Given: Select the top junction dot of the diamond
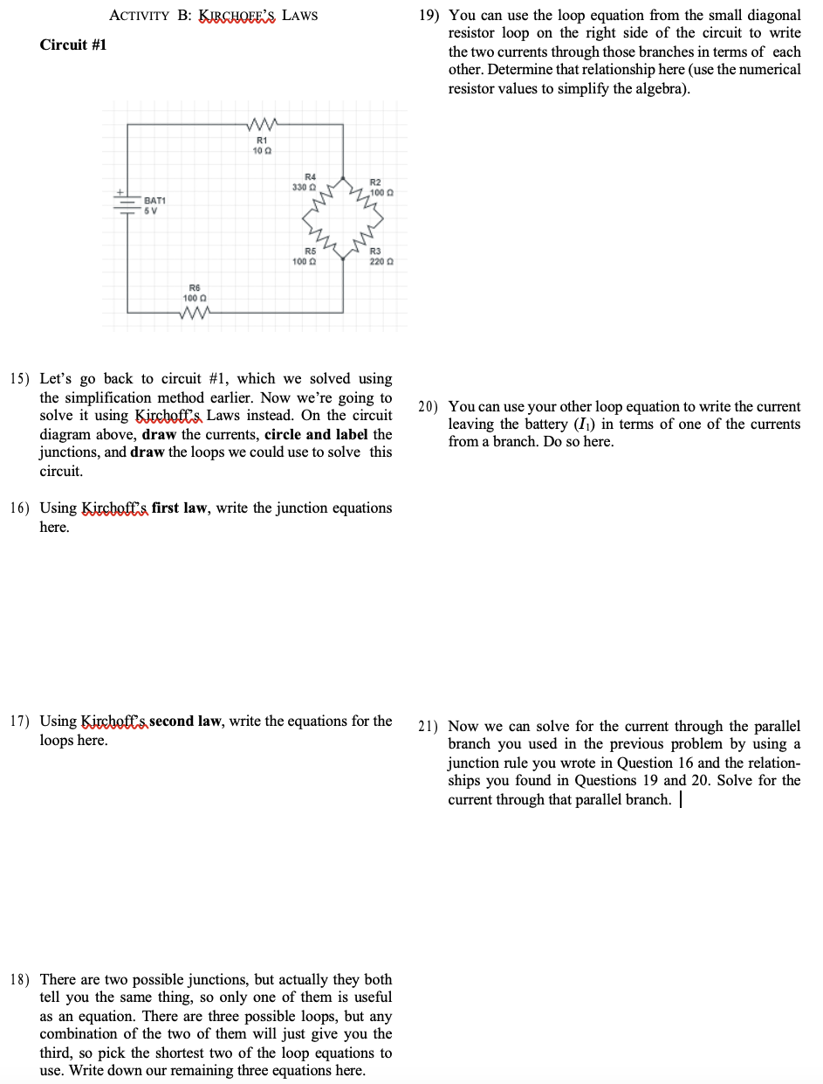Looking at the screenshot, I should [344, 178].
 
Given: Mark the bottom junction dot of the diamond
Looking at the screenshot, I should [344, 259].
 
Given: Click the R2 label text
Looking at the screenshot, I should [376, 182].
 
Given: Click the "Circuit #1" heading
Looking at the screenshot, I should [73, 45].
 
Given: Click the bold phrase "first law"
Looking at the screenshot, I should [182, 507].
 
